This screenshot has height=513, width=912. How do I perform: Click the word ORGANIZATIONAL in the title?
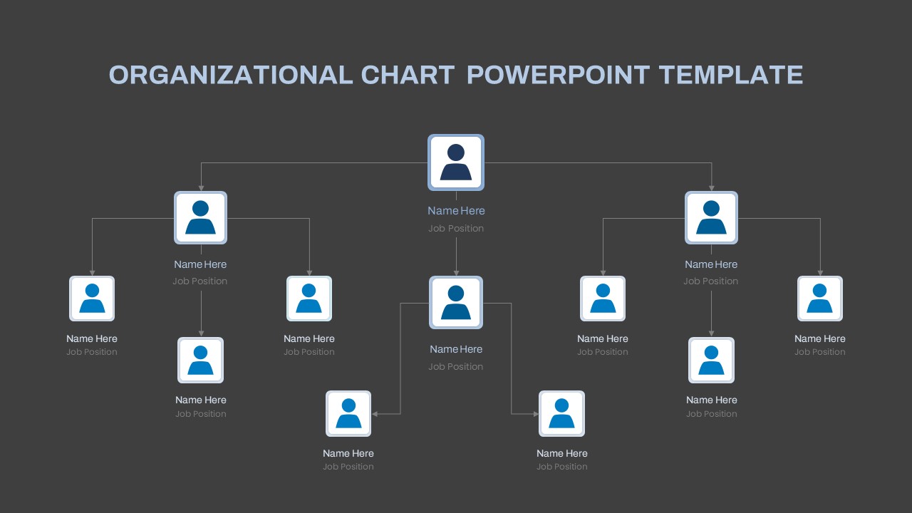coord(230,75)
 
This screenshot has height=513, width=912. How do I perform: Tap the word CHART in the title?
coord(408,75)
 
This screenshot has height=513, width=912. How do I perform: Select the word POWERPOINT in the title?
coord(558,75)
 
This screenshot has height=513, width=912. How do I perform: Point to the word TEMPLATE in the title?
coord(731,75)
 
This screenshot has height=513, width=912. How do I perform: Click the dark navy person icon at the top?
coord(456,162)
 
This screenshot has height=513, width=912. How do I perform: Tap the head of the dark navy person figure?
coord(456,152)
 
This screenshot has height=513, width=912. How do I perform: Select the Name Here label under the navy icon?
coord(456,210)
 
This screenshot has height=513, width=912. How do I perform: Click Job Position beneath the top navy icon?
coord(456,229)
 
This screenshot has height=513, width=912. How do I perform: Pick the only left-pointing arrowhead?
coord(375,414)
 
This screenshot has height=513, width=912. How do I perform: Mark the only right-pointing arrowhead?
coord(536,414)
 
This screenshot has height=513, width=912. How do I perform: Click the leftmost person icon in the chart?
coord(92,299)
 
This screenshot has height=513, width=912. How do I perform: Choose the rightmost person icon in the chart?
coord(820,299)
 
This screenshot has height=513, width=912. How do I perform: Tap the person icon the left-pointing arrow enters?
coord(348,414)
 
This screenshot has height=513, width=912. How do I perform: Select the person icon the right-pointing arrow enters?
coord(562,414)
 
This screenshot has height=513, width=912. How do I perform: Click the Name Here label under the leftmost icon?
coord(92,338)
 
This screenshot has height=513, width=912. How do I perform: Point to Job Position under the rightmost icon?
coord(820,352)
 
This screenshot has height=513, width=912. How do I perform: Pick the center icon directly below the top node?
coord(456,303)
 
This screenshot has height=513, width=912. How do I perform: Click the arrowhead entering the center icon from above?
coord(456,273)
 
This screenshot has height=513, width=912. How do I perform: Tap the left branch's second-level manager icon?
coord(200,218)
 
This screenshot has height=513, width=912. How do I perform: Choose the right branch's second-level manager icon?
coord(711,218)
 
